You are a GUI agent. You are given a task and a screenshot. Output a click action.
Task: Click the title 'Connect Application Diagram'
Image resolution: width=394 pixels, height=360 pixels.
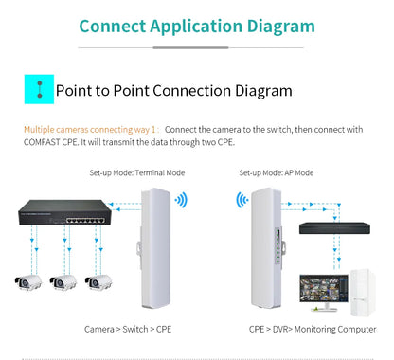(197, 26)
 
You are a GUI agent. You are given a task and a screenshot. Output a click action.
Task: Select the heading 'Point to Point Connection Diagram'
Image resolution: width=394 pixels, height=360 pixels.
(173, 91)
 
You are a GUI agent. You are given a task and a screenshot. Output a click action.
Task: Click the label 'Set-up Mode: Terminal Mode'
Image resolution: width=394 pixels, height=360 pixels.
(136, 173)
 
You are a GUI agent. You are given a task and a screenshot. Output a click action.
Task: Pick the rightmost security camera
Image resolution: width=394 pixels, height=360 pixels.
(98, 281)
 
